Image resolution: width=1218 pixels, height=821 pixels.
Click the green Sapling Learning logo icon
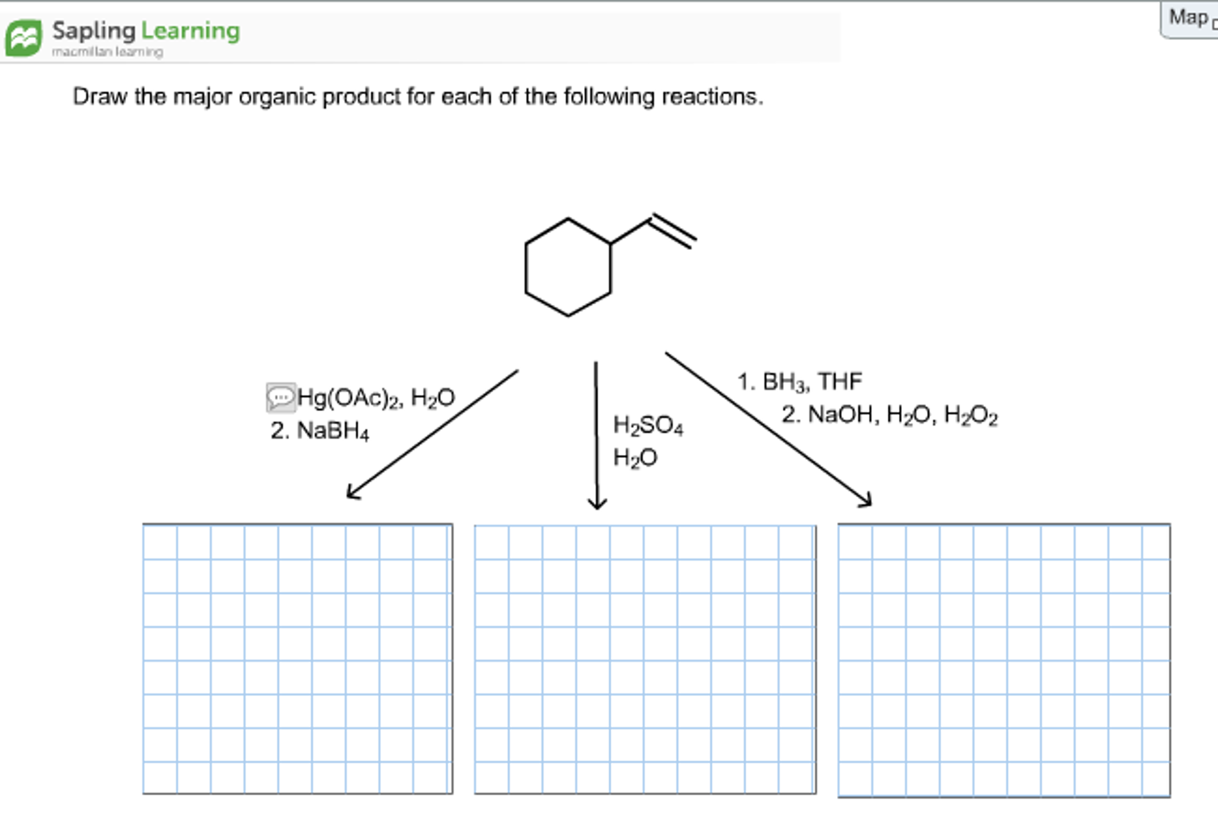[x=24, y=38]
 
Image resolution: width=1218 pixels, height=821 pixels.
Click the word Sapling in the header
[x=94, y=31]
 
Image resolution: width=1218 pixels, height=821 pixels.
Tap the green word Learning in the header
[x=190, y=31]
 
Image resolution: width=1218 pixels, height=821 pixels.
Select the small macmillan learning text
[x=107, y=52]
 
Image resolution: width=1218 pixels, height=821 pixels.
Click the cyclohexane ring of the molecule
[x=526, y=268]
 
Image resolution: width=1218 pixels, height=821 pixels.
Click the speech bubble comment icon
[x=280, y=397]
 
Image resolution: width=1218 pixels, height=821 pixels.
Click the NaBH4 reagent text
[x=333, y=430]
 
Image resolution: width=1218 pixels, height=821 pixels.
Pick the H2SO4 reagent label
[x=648, y=425]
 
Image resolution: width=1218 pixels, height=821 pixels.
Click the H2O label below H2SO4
[x=635, y=457]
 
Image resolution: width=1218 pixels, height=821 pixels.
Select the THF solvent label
[x=839, y=381]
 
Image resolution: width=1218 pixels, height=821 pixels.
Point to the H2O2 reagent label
[x=971, y=415]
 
